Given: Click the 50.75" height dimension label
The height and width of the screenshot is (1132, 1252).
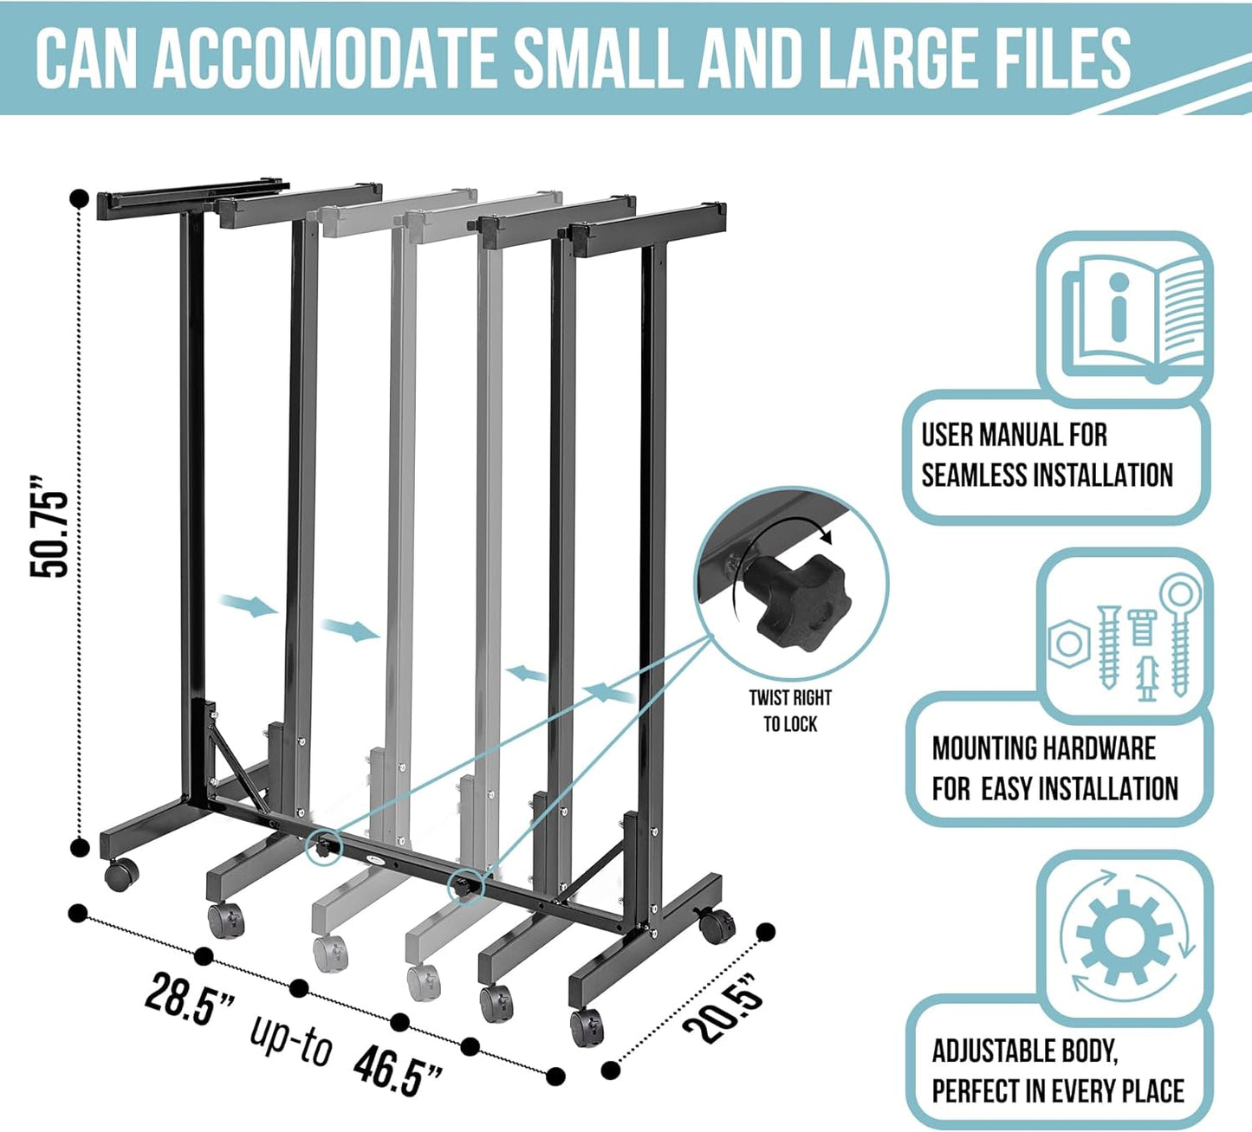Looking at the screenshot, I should click(x=49, y=526).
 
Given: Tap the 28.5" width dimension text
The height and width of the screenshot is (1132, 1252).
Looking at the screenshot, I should click(x=190, y=999).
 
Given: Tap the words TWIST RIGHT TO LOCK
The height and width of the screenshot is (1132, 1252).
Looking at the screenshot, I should click(x=790, y=710).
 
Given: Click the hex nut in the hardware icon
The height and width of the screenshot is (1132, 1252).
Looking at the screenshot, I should click(x=1068, y=644).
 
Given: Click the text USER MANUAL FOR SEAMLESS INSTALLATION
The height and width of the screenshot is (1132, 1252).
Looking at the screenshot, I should click(x=1046, y=456).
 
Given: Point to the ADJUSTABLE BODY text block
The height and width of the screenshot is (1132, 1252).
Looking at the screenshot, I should click(x=1057, y=1071).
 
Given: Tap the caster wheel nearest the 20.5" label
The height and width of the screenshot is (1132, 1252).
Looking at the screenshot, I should click(x=717, y=925).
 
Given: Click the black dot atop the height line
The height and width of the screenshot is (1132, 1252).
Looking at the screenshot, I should click(x=79, y=198).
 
